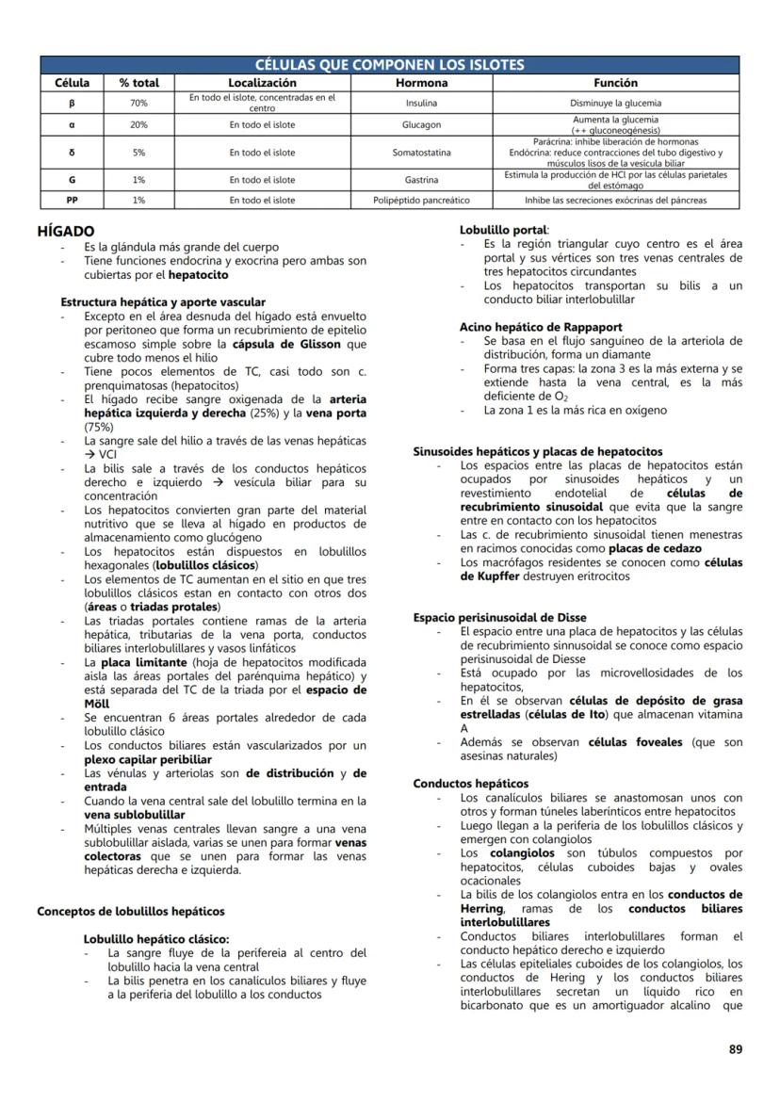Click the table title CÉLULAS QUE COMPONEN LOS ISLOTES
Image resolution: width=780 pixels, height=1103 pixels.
[390, 65]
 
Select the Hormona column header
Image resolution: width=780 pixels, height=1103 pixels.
[421, 83]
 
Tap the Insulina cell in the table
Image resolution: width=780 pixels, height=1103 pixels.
[421, 103]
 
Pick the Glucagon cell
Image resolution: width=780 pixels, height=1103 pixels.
[421, 124]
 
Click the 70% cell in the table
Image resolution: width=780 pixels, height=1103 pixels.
[138, 103]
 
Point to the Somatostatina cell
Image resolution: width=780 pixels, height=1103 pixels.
[421, 152]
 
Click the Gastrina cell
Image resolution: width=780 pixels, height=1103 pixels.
[421, 179]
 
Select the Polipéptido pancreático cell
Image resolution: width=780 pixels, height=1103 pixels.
[421, 200]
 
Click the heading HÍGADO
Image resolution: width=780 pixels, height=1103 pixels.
[65, 231]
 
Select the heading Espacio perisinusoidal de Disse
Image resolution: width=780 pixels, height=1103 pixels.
[499, 618]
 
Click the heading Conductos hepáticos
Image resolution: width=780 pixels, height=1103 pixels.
[471, 784]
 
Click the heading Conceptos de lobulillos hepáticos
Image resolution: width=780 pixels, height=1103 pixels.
[131, 911]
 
